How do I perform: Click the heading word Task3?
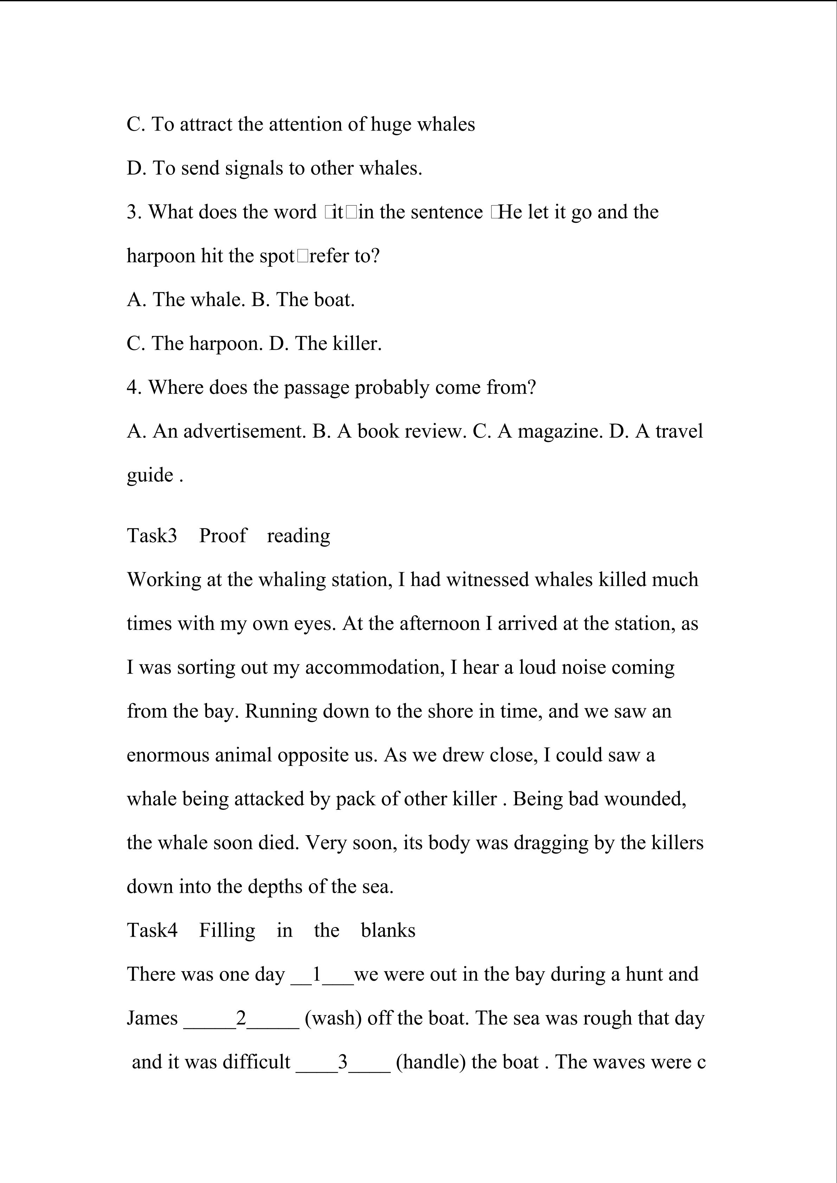click(152, 536)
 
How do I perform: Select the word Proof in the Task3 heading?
click(223, 536)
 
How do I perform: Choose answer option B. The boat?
click(303, 300)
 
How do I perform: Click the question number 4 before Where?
click(134, 388)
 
